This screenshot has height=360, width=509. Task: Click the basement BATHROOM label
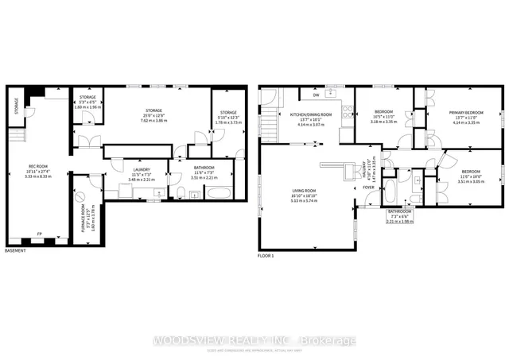(205, 168)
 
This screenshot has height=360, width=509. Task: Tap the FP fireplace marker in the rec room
(40, 234)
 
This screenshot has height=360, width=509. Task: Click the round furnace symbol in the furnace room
(80, 196)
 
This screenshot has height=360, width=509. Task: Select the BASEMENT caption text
(16, 251)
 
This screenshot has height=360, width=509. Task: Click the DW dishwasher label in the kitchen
(317, 95)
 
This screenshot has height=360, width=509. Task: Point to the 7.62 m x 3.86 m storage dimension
(153, 119)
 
